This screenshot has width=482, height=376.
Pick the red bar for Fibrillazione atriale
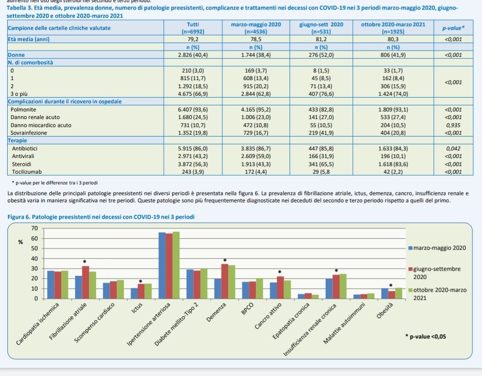pos(85,282)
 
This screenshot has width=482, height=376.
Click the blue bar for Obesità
pos(385,293)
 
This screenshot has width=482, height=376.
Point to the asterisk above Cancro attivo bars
pos(280,272)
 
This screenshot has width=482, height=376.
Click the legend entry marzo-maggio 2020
pos(437,248)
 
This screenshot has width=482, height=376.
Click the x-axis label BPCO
pos(247,310)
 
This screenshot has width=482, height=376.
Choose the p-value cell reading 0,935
pos(454,125)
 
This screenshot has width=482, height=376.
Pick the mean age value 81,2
pos(321,39)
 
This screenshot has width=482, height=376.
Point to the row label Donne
pos(17,55)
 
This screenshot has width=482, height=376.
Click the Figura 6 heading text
pos(101,217)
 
